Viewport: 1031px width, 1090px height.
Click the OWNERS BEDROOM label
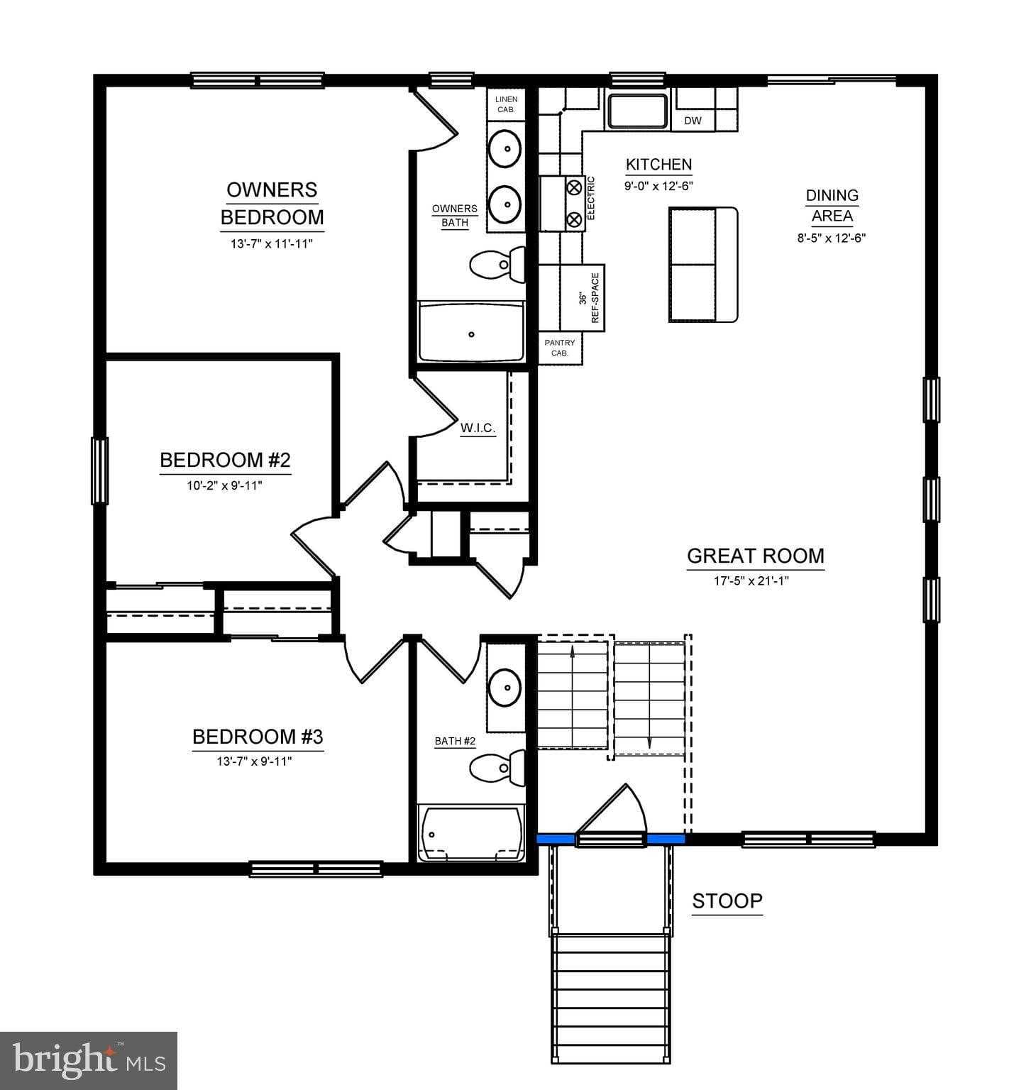click(x=272, y=204)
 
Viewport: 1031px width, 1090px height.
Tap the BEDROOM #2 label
click(x=225, y=461)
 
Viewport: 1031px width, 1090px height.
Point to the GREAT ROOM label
click(x=755, y=556)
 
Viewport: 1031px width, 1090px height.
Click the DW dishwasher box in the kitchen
click(x=693, y=121)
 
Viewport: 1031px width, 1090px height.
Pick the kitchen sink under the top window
click(x=637, y=111)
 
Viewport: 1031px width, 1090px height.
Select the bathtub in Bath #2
click(x=471, y=833)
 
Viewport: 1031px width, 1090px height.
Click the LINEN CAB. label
click(x=506, y=104)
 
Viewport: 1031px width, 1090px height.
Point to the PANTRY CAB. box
click(x=560, y=348)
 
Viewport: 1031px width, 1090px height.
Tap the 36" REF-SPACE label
click(x=589, y=298)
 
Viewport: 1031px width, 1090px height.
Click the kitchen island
click(x=703, y=265)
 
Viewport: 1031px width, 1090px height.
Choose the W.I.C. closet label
click(x=478, y=429)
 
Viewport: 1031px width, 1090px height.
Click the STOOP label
click(x=727, y=901)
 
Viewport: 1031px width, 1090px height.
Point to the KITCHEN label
click(x=658, y=165)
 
